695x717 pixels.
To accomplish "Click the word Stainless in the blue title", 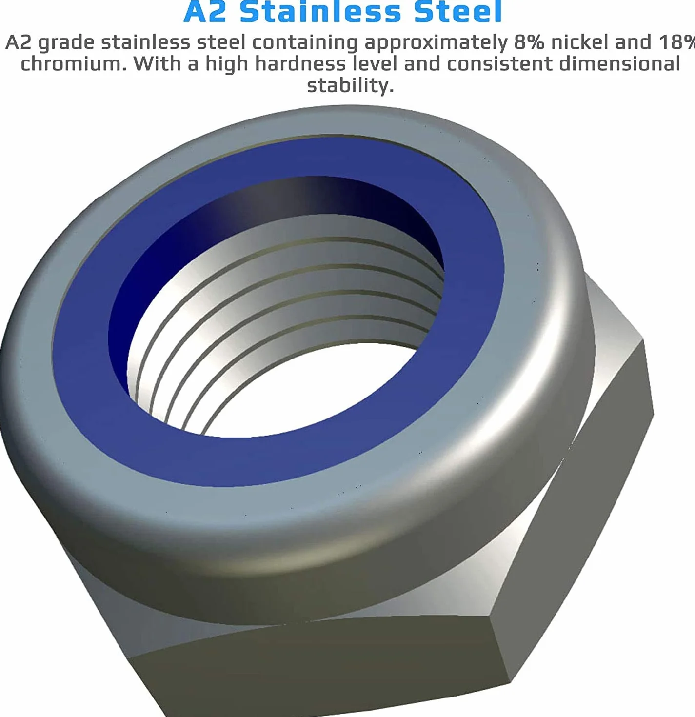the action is tap(320, 11).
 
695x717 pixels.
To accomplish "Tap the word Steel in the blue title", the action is tap(458, 11).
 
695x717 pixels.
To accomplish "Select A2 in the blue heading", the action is tap(205, 11).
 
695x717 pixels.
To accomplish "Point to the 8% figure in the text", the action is tap(529, 42).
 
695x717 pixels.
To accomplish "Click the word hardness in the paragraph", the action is tap(300, 64).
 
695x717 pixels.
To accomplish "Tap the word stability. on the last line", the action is tap(351, 85).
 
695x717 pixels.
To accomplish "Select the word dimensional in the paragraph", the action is tap(619, 64).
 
